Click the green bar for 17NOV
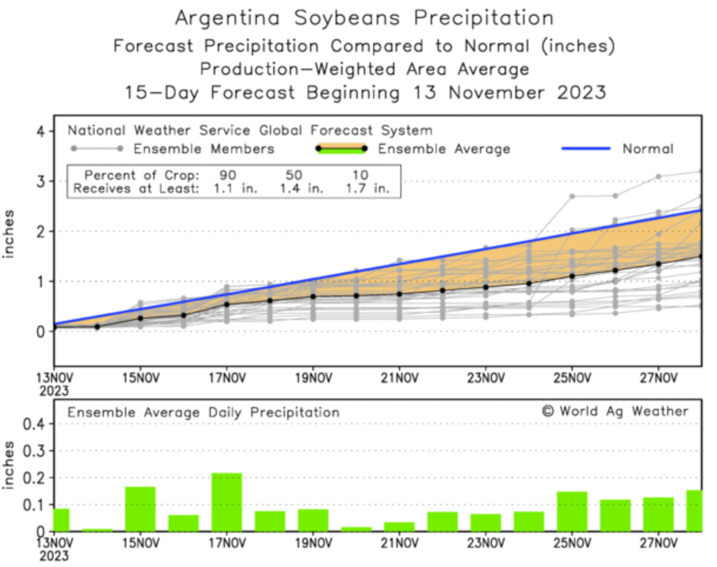tap(226, 502)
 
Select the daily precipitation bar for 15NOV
tap(140, 509)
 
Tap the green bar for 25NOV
tap(572, 511)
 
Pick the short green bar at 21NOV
tap(399, 526)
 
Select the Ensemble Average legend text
tap(444, 149)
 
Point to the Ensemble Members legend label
tap(204, 149)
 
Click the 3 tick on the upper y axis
tap(42, 181)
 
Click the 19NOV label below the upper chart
tap(313, 376)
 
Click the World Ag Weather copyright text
tap(615, 411)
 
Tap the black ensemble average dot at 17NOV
tap(226, 304)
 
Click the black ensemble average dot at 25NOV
tap(572, 276)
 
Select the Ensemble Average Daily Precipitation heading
tap(203, 413)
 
